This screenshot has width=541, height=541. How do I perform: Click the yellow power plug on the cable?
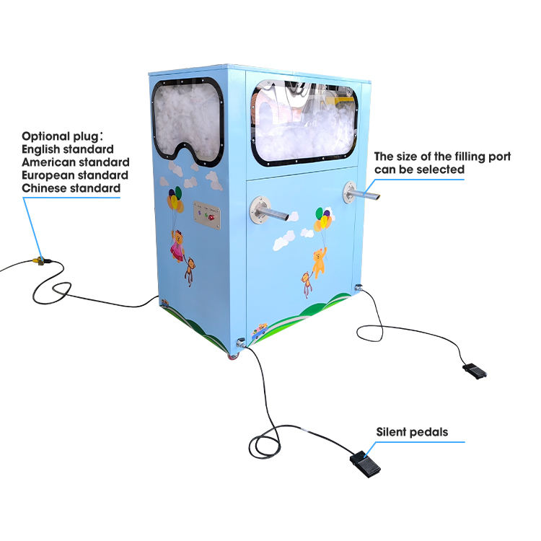[x=42, y=258]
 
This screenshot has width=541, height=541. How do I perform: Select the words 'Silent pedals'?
[x=411, y=432]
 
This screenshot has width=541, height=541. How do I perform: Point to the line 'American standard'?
[x=75, y=162]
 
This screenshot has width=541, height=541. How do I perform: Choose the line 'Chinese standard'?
[x=71, y=188]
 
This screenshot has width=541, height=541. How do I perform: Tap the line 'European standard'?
[x=75, y=175]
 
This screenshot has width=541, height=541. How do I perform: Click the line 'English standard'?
[x=67, y=149]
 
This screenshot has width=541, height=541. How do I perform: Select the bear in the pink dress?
[x=177, y=245]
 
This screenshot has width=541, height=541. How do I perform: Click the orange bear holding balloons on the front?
[x=318, y=258]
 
